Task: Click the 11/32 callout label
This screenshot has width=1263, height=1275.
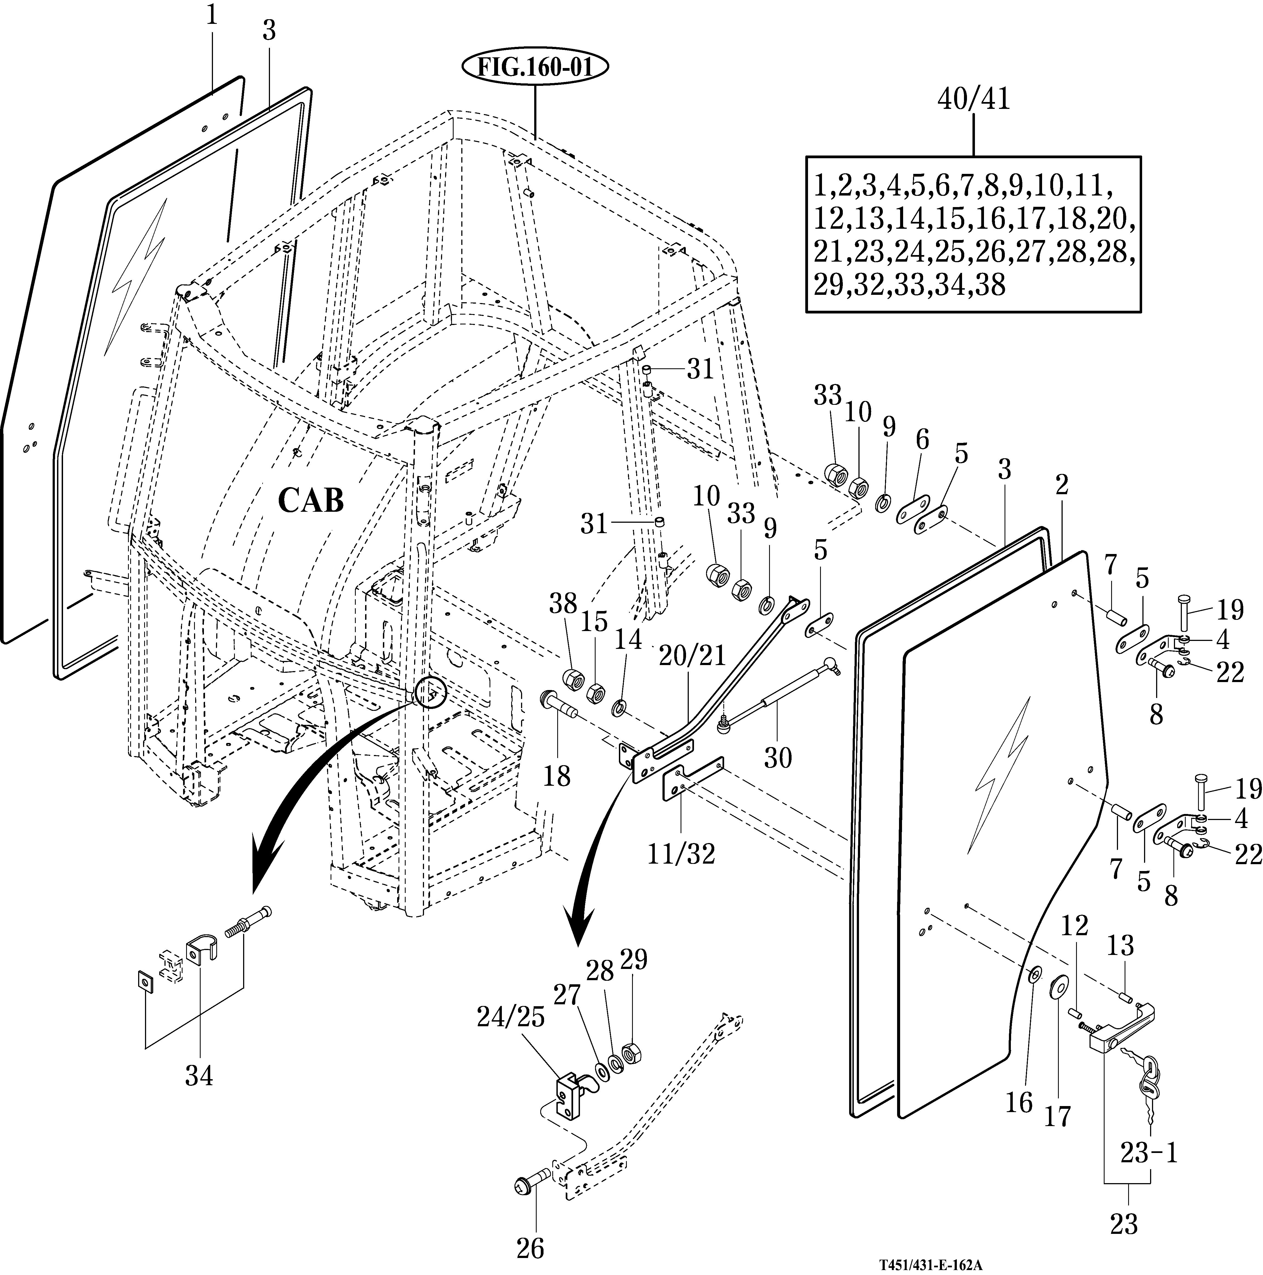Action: click(x=681, y=854)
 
